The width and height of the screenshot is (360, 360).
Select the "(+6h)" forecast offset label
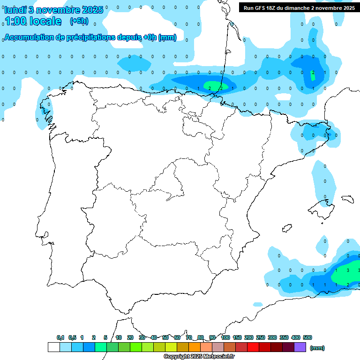click(x=78, y=21)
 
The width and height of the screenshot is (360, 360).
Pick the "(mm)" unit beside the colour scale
click(x=317, y=348)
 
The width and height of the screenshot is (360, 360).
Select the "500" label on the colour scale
click(x=307, y=337)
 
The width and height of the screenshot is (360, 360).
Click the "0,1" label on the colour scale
click(x=60, y=337)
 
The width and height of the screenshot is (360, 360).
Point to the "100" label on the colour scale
click(x=225, y=337)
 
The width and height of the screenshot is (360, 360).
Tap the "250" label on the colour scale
click(x=261, y=337)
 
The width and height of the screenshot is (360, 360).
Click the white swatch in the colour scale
click(x=53, y=347)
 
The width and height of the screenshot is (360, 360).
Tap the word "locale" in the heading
click(x=45, y=21)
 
